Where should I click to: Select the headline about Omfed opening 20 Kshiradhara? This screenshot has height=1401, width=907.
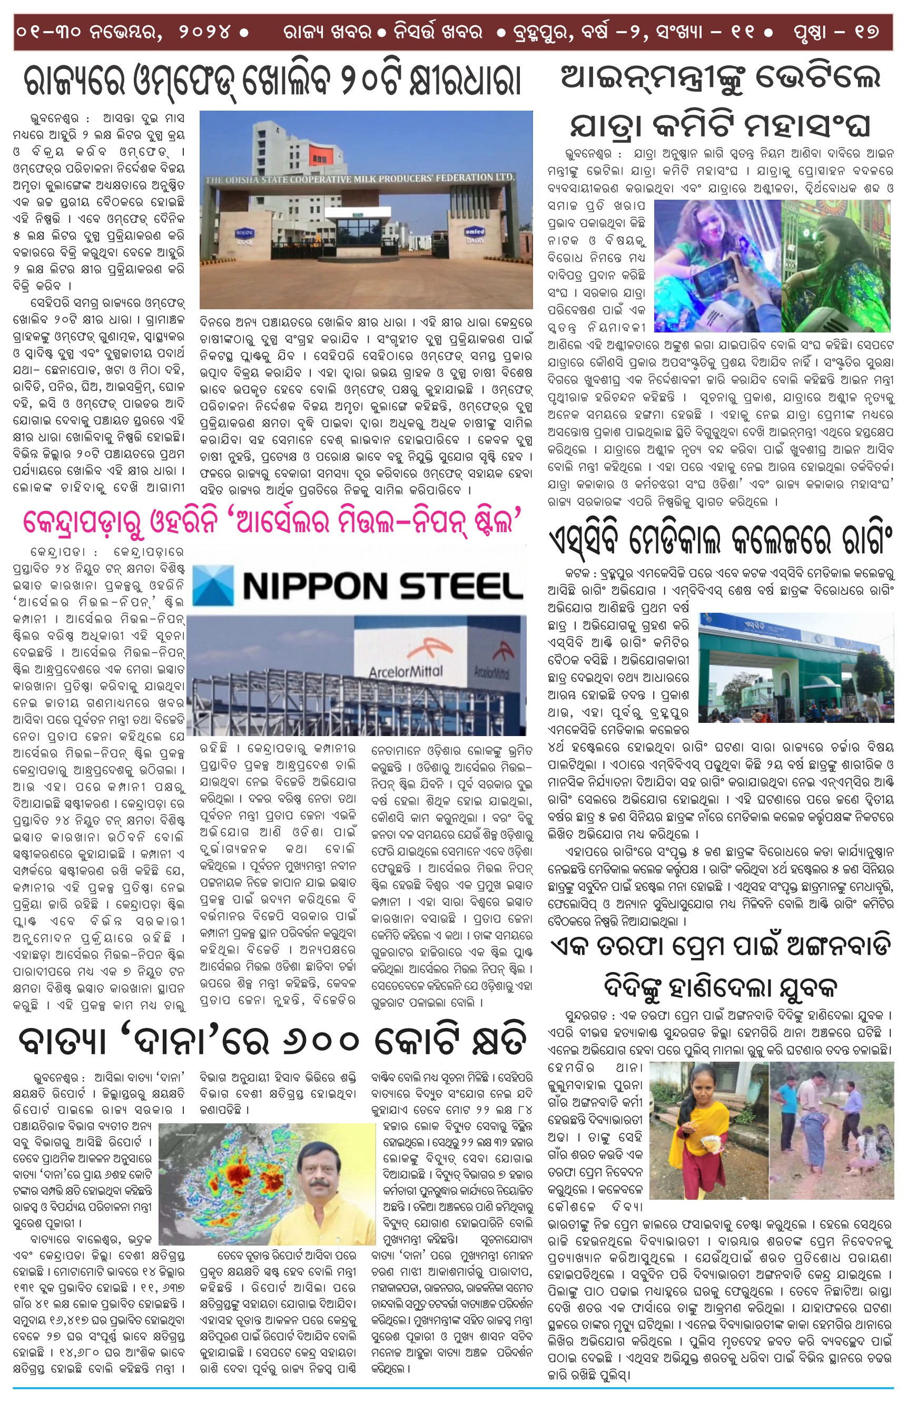tap(272, 81)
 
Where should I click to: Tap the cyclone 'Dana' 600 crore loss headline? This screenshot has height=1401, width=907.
tap(272, 1041)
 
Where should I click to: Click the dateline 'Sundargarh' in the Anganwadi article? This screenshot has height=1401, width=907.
tap(585, 1015)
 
